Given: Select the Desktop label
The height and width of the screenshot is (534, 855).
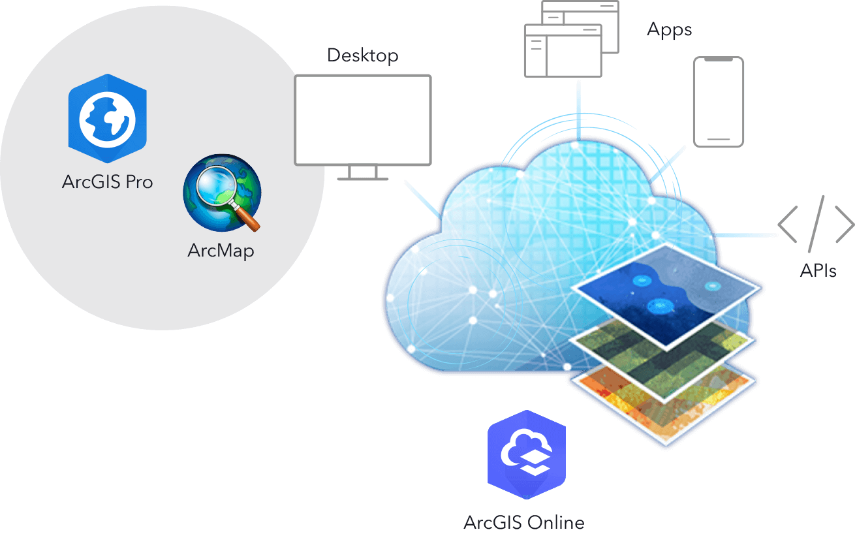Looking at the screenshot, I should pyautogui.click(x=362, y=55).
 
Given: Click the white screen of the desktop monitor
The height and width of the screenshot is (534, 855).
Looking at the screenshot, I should pyautogui.click(x=363, y=119).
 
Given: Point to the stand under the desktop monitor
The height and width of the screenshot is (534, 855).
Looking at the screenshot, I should pyautogui.click(x=363, y=174).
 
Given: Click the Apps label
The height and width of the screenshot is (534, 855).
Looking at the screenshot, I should pyautogui.click(x=669, y=30).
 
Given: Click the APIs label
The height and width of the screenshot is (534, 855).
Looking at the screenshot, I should pyautogui.click(x=818, y=270).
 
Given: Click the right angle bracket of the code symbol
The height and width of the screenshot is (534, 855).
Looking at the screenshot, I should pyautogui.click(x=845, y=224).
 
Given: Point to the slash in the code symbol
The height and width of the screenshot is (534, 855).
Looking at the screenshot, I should pyautogui.click(x=816, y=224).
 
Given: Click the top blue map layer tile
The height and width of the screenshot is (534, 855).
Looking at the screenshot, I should pyautogui.click(x=666, y=287).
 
